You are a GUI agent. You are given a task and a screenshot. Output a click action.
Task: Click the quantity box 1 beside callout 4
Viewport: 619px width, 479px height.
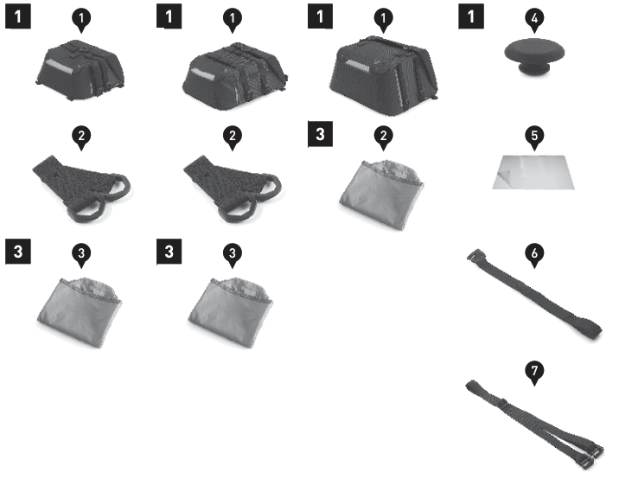tap(472, 16)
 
